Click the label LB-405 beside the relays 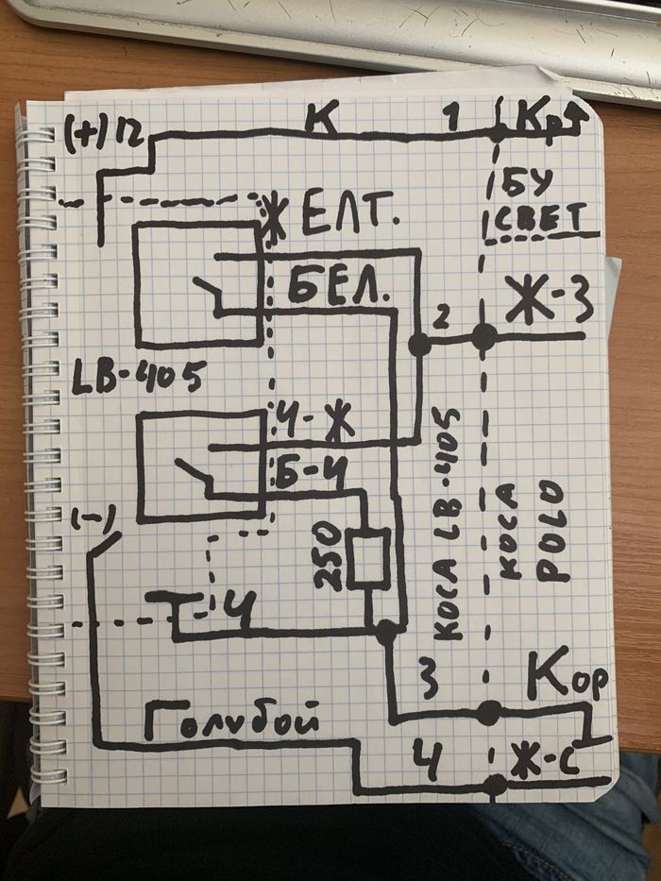(137, 378)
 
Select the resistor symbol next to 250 (367, 558)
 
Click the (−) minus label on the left (93, 517)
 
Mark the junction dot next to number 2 (419, 346)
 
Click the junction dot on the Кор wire (488, 713)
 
